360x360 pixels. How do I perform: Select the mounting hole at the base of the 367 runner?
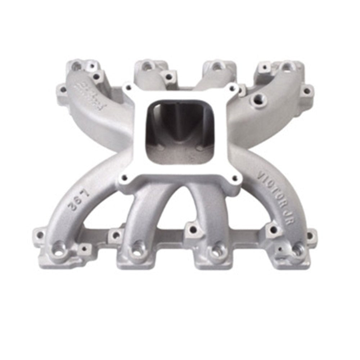point(58,248)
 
